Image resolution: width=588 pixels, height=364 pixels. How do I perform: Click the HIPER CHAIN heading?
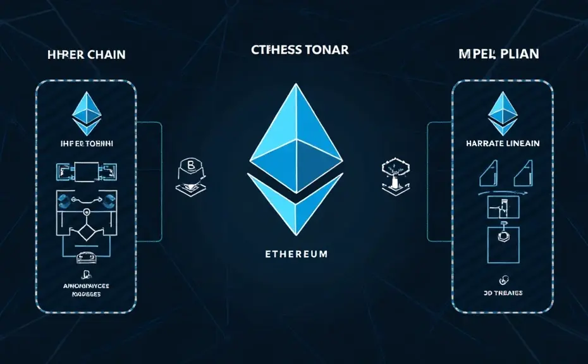click(86, 55)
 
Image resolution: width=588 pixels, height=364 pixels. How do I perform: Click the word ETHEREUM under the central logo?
click(295, 254)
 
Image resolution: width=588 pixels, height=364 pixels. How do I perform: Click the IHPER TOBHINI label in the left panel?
click(87, 144)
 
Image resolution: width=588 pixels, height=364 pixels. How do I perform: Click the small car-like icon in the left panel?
click(87, 258)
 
